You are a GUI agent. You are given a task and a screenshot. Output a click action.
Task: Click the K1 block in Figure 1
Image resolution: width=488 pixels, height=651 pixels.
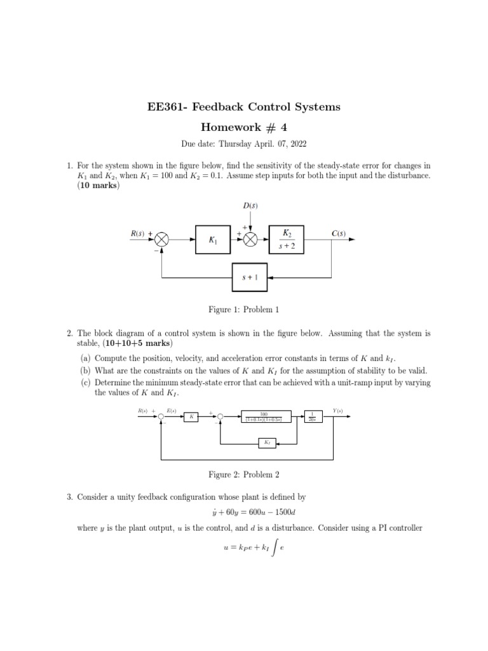[x=213, y=239]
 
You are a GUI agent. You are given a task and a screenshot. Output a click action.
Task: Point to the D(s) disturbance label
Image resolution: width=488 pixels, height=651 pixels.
[x=250, y=205]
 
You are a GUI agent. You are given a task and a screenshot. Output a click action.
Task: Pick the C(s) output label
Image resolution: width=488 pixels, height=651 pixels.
[x=338, y=233]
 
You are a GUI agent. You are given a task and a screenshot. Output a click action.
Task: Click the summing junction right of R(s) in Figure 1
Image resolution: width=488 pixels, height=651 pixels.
[x=163, y=239]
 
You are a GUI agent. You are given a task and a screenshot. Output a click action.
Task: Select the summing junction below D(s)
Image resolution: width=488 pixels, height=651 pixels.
[x=250, y=239]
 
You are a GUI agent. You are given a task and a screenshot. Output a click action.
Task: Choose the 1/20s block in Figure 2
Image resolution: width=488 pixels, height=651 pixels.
[x=313, y=416]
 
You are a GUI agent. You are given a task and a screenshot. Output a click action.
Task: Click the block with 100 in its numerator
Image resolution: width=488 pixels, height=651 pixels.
[x=267, y=416]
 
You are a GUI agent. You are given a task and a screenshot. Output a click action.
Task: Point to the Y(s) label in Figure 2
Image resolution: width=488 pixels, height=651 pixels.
[x=337, y=411]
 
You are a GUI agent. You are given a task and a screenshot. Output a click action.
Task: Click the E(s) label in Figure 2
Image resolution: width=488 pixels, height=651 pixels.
[x=171, y=411]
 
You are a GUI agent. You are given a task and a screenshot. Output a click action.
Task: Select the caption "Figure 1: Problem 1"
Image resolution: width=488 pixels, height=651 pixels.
[x=244, y=310]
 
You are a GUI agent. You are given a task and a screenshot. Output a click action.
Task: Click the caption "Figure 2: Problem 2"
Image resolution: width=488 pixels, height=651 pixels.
[x=244, y=474]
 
